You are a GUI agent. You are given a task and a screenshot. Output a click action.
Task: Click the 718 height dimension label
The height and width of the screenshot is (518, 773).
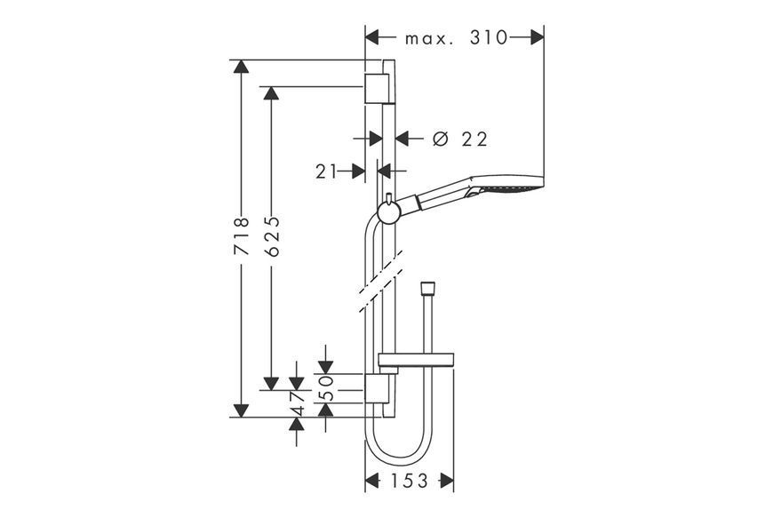[x=242, y=236]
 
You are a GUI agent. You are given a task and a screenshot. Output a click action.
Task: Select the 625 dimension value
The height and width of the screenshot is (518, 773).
[x=272, y=236]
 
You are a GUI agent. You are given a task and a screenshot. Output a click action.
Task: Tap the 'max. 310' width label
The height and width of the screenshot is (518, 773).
[x=456, y=38]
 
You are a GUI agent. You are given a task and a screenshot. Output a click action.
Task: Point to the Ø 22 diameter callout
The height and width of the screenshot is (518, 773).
[x=460, y=139]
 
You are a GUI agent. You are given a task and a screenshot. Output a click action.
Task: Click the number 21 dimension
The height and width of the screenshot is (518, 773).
[x=326, y=171]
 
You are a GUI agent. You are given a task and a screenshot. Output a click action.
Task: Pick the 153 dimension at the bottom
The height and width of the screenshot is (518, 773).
[x=410, y=481]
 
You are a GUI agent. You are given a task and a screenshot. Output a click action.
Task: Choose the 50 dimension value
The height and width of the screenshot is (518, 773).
[x=326, y=388]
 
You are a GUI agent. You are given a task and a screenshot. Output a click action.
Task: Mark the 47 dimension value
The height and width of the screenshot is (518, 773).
[x=296, y=404]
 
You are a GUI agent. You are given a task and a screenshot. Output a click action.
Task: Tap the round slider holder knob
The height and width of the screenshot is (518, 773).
[x=388, y=213]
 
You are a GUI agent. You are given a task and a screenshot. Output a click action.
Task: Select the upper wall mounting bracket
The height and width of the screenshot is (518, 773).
[x=379, y=89]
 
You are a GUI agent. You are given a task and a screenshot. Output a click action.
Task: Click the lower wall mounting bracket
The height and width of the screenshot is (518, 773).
[x=379, y=388]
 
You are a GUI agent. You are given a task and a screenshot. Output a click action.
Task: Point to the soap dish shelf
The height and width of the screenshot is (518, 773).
[x=416, y=360]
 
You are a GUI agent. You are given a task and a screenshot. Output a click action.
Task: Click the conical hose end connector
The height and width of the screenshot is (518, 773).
[x=426, y=289]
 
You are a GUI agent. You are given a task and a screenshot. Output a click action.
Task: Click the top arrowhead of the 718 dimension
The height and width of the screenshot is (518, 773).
[x=241, y=67]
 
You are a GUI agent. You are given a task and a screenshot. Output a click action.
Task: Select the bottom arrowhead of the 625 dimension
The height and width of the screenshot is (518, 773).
[x=271, y=383]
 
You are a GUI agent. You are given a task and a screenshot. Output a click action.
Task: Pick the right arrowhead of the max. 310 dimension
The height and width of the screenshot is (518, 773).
[x=537, y=37]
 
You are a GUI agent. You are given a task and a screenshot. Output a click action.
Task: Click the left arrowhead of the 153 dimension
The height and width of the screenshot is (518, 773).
[x=371, y=481]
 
